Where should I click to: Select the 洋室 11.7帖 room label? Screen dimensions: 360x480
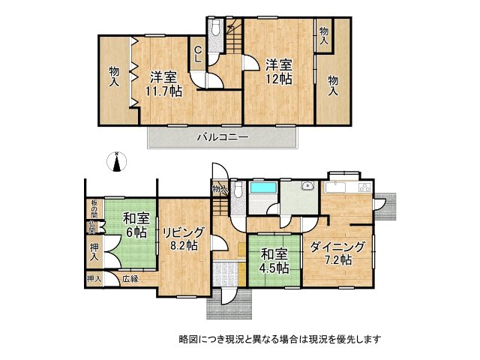point(164,83)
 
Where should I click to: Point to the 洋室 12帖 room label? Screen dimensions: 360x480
point(277,71)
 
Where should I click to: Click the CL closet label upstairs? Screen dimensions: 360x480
point(198,55)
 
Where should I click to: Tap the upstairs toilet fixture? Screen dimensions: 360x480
point(215,31)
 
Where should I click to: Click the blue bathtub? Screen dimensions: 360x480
point(262,189)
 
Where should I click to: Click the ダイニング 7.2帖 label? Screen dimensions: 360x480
point(337,253)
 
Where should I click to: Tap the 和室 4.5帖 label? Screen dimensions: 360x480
point(274,261)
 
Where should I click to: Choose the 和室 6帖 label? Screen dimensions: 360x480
point(135,225)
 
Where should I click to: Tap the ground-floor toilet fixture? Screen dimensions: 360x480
point(237,190)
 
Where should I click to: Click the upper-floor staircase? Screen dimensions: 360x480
point(232,38)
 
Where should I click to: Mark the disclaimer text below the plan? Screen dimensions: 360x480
point(279,338)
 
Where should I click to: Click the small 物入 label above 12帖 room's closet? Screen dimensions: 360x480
point(323,34)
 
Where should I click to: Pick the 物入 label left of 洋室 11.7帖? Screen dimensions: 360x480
point(115,76)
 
